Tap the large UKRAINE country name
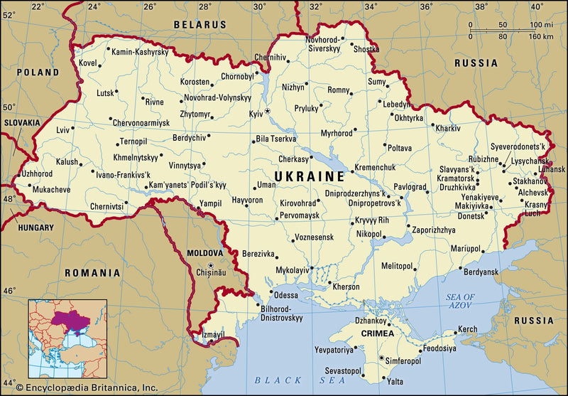tap(310, 176)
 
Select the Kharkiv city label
tap(448, 129)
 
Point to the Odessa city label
tap(285, 295)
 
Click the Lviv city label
tap(64, 130)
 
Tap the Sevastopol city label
tap(344, 371)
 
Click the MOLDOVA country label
tap(204, 252)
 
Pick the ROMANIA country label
tap(92, 272)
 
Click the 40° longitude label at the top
tap(535, 6)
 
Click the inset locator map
tap(67, 338)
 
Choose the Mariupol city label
tap(466, 249)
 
